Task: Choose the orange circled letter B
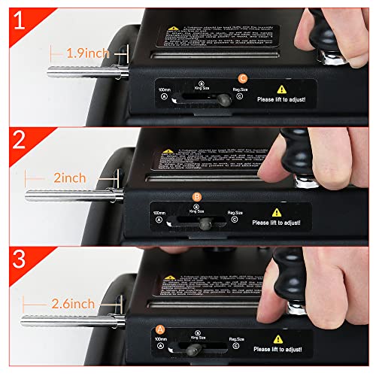pos(197,197)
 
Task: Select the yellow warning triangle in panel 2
pos(277,213)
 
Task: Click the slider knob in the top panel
pos(223,100)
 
